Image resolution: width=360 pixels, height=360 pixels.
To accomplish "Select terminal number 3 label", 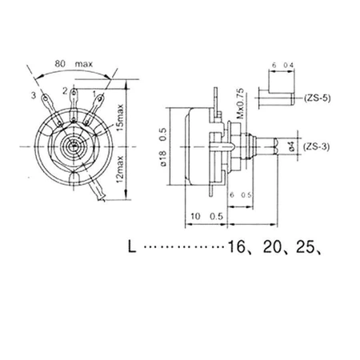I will (x=34, y=96).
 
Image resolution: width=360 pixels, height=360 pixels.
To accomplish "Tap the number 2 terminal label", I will (x=64, y=92).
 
